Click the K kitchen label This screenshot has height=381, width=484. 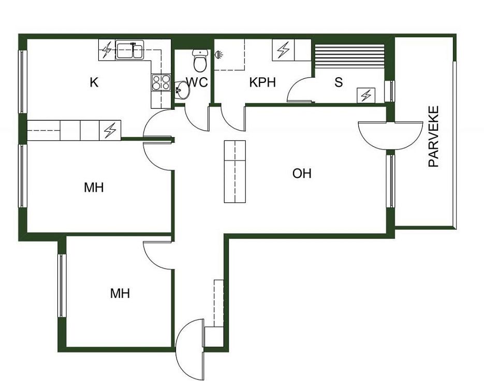click(94, 82)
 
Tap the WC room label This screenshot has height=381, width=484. click(197, 82)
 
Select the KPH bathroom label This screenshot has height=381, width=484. click(262, 82)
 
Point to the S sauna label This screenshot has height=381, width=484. click(339, 82)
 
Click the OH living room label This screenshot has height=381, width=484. click(302, 173)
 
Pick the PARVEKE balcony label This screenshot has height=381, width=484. click(434, 136)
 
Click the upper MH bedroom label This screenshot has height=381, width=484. click(94, 187)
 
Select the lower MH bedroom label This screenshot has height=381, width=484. click(120, 293)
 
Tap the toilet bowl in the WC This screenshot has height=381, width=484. click(200, 60)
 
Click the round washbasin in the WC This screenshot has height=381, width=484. click(183, 90)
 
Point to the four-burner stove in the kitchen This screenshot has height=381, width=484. click(161, 82)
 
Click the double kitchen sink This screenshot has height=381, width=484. click(129, 51)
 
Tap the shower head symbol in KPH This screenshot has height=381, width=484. click(219, 55)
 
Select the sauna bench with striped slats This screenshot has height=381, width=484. click(349, 56)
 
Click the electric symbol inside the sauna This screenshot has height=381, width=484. click(366, 95)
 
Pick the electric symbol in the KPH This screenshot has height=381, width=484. click(283, 50)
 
